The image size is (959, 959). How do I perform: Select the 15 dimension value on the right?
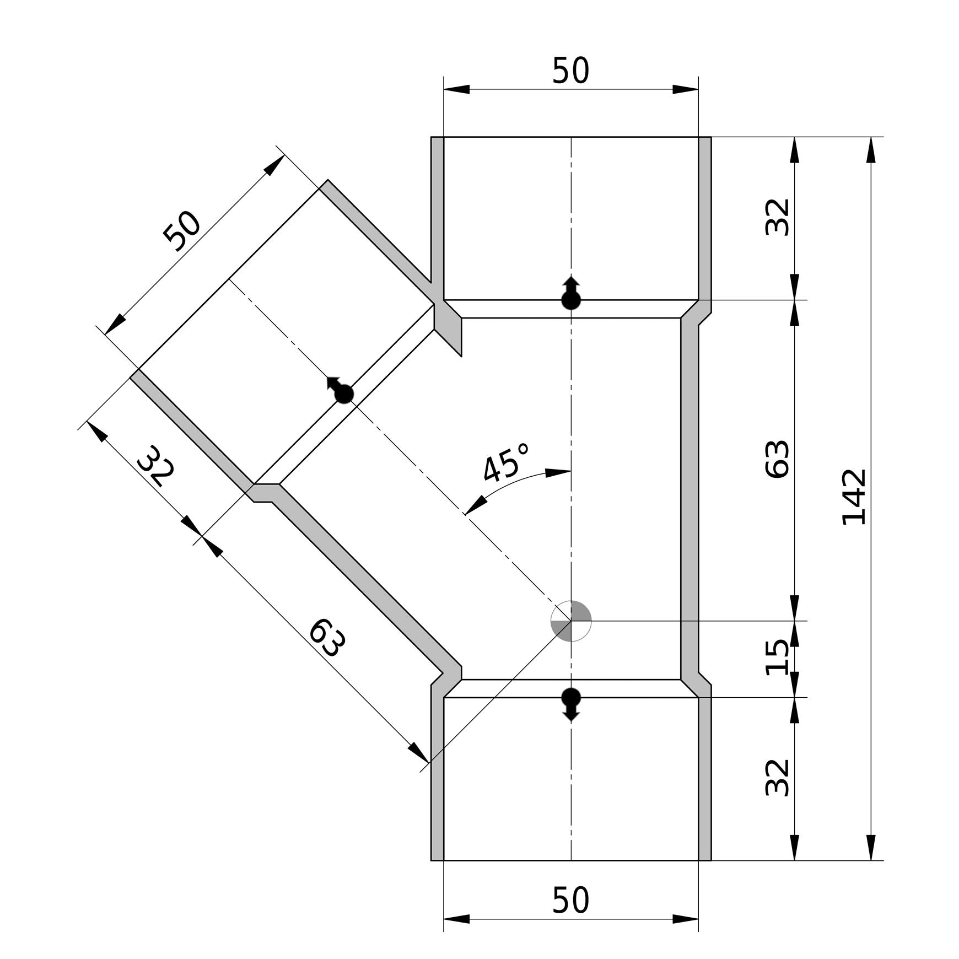pyautogui.click(x=778, y=657)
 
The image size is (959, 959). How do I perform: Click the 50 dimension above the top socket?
pyautogui.click(x=570, y=71)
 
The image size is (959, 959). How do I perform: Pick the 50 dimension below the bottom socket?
pyautogui.click(x=570, y=900)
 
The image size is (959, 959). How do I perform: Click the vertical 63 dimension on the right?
pyautogui.click(x=778, y=459)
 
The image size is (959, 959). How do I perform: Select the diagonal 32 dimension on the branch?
pyautogui.click(x=156, y=466)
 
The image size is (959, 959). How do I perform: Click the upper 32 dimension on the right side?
pyautogui.click(x=778, y=217)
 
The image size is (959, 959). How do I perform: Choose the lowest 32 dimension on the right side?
pyautogui.click(x=778, y=778)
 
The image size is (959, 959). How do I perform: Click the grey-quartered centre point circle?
pyautogui.click(x=571, y=621)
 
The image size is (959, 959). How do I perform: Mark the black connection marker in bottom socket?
pyautogui.click(x=571, y=698)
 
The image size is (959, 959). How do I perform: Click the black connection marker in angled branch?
pyautogui.click(x=343, y=394)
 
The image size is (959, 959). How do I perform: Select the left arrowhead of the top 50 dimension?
pyautogui.click(x=456, y=89)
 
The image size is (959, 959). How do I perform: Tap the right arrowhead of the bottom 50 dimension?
pyautogui.click(x=686, y=919)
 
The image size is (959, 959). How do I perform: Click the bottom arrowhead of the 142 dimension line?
pyautogui.click(x=871, y=848)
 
